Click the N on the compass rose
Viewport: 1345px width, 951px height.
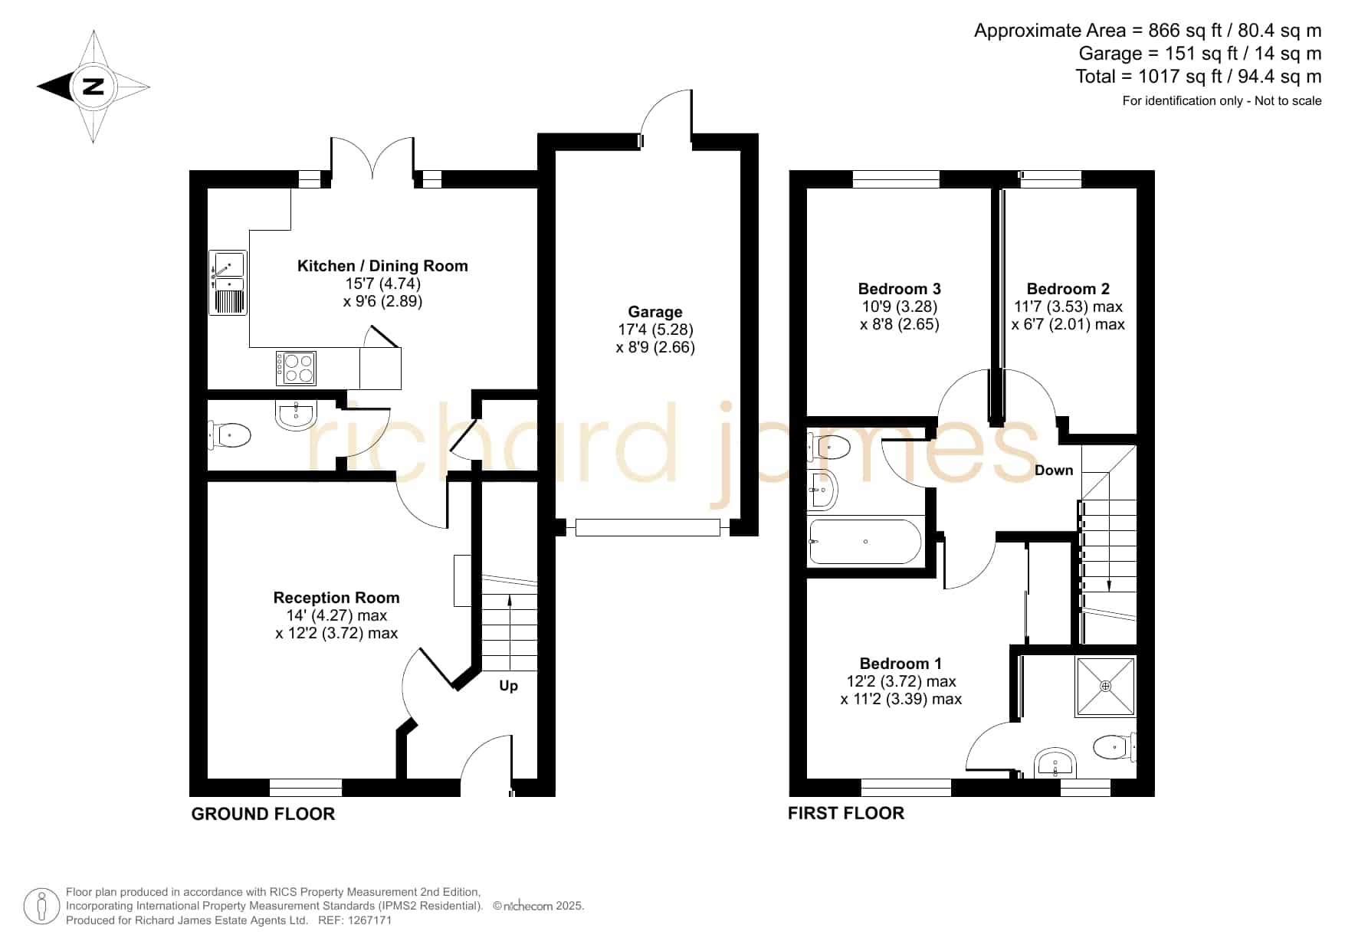tap(93, 86)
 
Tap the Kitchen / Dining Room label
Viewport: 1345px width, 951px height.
tap(382, 266)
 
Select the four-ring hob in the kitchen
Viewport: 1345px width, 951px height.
tap(297, 368)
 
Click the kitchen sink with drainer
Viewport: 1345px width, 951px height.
tap(228, 282)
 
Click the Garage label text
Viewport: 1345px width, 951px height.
tap(655, 312)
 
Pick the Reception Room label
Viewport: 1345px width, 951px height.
tap(336, 598)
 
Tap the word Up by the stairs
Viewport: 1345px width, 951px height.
tap(509, 686)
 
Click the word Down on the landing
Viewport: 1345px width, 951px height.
tap(1054, 471)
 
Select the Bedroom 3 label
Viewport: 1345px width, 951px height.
tap(900, 289)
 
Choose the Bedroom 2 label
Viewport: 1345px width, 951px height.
tap(1068, 289)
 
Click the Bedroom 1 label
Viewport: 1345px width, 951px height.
tap(900, 664)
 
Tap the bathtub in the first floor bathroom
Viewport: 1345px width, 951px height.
tap(865, 542)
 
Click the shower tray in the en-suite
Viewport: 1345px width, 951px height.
tap(1105, 686)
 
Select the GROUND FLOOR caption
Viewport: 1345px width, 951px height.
tap(263, 814)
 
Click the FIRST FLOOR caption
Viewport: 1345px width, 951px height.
tap(846, 813)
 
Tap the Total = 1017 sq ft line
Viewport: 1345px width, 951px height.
tap(1199, 77)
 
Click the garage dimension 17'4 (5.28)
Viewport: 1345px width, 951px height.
tap(655, 330)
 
